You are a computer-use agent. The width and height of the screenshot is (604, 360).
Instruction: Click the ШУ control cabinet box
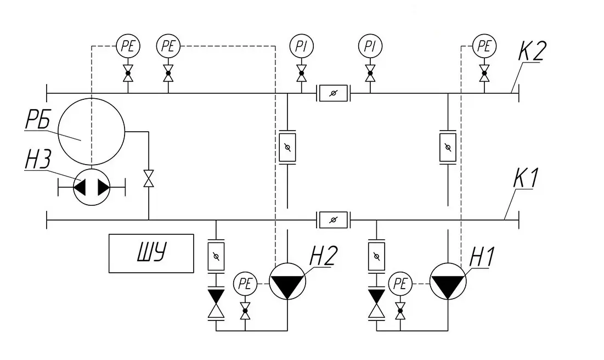click(151, 253)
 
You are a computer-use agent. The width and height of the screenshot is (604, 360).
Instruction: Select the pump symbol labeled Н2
click(287, 282)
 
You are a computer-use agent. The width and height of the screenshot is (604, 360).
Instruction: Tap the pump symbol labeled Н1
click(448, 282)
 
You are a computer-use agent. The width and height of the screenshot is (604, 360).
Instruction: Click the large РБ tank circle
click(91, 132)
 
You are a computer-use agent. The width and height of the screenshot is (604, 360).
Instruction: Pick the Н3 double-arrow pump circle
click(92, 187)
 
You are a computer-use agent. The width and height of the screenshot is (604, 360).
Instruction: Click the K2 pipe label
click(532, 50)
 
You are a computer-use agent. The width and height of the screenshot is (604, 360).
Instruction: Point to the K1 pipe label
click(526, 178)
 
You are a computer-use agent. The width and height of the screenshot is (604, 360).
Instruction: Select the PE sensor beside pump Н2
click(245, 284)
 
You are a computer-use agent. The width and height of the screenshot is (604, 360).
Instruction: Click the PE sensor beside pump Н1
click(400, 284)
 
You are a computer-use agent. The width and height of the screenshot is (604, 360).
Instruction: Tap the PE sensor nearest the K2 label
click(484, 46)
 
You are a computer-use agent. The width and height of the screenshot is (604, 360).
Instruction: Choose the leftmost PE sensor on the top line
click(128, 46)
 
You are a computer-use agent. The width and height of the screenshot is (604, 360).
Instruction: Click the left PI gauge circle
click(301, 46)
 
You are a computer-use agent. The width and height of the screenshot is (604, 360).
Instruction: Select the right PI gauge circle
click(370, 46)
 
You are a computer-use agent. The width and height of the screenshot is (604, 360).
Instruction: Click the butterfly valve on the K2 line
click(333, 93)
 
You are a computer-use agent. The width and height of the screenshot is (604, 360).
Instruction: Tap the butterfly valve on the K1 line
click(333, 220)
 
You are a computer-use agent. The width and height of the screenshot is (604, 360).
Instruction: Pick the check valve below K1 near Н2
click(216, 304)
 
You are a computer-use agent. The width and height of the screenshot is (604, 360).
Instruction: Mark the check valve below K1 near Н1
click(376, 304)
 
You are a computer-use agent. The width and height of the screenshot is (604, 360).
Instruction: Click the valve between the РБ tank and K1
click(148, 178)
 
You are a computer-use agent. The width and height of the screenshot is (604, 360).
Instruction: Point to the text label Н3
click(38, 160)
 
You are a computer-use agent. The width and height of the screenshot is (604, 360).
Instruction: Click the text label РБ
click(38, 119)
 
